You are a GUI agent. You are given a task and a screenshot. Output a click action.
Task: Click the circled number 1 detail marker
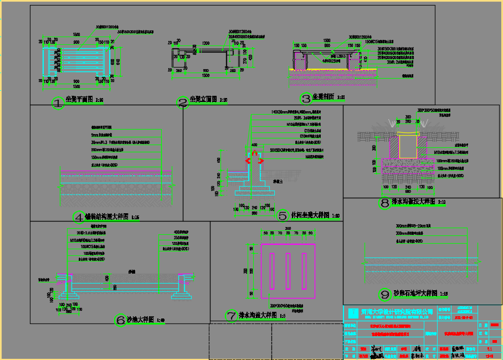point(58,102)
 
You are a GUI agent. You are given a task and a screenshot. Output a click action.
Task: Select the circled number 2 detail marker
point(183,102)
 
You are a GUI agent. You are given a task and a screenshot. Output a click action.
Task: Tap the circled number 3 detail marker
point(305,99)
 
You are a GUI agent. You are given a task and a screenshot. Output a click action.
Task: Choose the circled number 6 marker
point(120,320)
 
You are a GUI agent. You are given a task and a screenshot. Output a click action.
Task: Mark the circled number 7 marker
point(232,316)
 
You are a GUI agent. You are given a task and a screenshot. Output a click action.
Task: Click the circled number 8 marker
point(384,203)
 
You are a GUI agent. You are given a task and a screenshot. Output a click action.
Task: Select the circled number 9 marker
point(385,294)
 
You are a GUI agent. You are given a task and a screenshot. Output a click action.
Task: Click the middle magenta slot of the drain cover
point(288,271)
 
